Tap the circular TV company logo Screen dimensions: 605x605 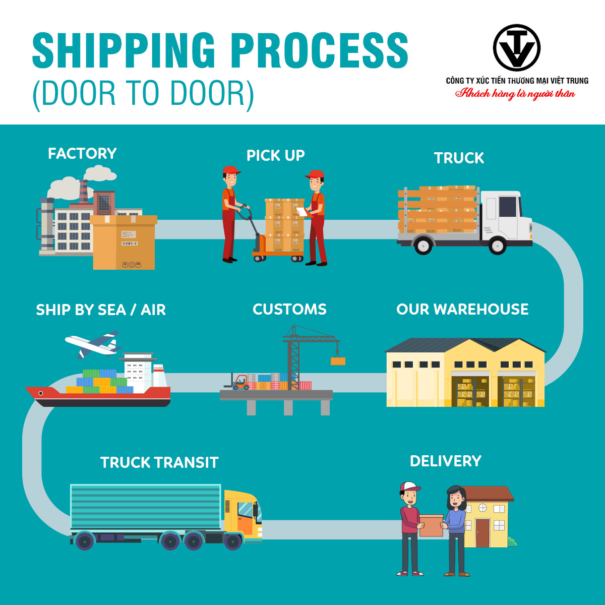(516, 48)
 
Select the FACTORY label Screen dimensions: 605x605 (82, 153)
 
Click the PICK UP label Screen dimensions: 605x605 (275, 155)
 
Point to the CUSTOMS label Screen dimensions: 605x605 (289, 309)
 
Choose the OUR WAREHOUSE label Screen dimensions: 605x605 (462, 309)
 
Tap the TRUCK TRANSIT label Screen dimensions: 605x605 (159, 462)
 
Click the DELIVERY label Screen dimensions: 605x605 (445, 461)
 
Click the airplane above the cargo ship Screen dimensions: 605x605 (93, 344)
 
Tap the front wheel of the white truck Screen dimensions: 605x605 (497, 246)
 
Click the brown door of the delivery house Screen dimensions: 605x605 (482, 532)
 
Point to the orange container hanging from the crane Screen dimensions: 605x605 (338, 361)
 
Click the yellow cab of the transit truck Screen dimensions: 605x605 (243, 514)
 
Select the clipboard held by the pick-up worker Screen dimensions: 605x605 (301, 211)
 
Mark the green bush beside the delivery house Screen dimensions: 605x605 (512, 542)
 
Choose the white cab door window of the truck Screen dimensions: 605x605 (507, 206)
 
